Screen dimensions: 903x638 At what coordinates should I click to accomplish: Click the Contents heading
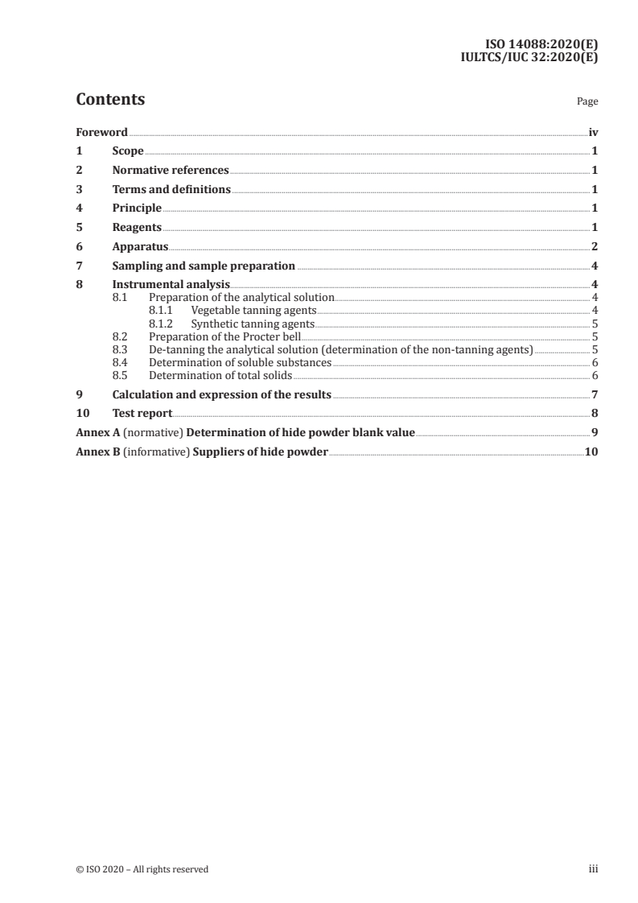tap(110, 100)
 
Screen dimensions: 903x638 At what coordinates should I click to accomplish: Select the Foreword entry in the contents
tap(101, 132)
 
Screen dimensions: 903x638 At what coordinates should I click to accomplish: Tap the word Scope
tap(128, 151)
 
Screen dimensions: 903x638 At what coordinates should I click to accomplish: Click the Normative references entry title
tap(171, 171)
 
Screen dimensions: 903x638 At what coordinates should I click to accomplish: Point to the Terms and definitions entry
tap(171, 190)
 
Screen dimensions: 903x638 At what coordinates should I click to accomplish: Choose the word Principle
tap(137, 208)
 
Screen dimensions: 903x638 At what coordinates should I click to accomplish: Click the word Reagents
tap(137, 228)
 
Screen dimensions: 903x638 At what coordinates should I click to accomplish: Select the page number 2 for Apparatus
tap(594, 246)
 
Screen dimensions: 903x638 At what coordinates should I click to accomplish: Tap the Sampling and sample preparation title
tap(204, 266)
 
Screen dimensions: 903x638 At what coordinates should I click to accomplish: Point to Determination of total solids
tap(220, 376)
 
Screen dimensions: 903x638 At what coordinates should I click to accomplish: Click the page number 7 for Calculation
tap(594, 394)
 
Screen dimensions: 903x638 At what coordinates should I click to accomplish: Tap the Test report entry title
tap(142, 414)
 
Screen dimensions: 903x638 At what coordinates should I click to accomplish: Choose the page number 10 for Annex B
tap(591, 452)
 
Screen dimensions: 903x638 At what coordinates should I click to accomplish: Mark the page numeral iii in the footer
tap(594, 869)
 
